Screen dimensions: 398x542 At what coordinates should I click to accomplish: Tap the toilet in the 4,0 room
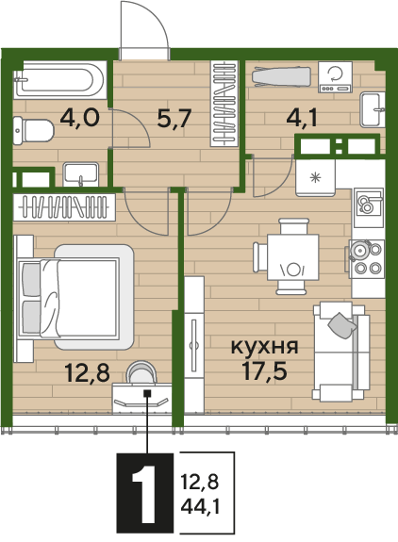point(34,131)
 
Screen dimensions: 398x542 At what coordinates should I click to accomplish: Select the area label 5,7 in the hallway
point(174,118)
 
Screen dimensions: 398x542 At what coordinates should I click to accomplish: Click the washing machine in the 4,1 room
point(335,77)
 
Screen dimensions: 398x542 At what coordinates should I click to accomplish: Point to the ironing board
point(281,76)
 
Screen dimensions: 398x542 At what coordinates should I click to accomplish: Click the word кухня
point(264,347)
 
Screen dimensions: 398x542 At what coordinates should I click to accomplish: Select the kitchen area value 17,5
point(264,370)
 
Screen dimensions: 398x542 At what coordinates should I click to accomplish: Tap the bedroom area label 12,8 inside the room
point(88,373)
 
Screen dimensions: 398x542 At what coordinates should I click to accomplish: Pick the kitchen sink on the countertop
point(369,207)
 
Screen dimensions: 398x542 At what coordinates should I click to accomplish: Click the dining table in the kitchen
point(293,257)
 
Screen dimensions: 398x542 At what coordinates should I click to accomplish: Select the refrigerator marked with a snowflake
point(315,177)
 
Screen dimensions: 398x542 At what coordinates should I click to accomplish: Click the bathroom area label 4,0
point(80,117)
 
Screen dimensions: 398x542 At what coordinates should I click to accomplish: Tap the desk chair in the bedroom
point(141,372)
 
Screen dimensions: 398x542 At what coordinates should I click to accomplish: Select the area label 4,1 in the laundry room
point(302,118)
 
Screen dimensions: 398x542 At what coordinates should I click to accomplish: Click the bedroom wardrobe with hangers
point(64,207)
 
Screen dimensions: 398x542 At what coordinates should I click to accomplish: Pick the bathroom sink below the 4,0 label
point(80,174)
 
